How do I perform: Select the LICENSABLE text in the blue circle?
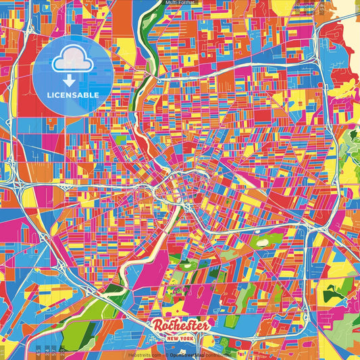[x=72, y=95]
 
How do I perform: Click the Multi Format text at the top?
[x=180, y=3]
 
